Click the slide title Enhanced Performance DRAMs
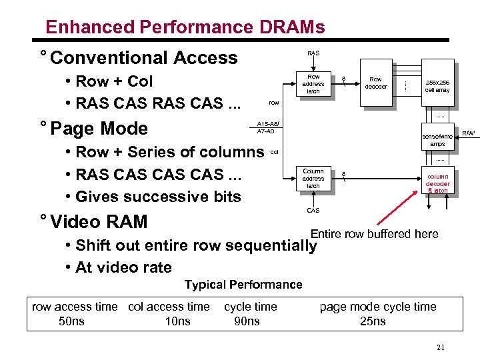click(185, 27)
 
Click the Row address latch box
click(313, 84)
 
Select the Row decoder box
click(375, 83)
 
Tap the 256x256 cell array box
click(437, 86)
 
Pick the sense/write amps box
click(437, 139)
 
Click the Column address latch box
click(313, 179)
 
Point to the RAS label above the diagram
click(313, 53)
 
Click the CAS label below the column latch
click(313, 211)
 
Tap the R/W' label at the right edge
click(469, 133)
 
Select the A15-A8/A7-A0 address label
click(267, 127)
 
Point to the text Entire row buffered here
click(374, 233)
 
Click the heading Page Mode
click(98, 127)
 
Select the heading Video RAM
click(98, 221)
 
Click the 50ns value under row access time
click(71, 321)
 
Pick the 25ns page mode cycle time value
click(373, 321)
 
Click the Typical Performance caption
click(243, 285)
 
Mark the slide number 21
click(440, 347)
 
